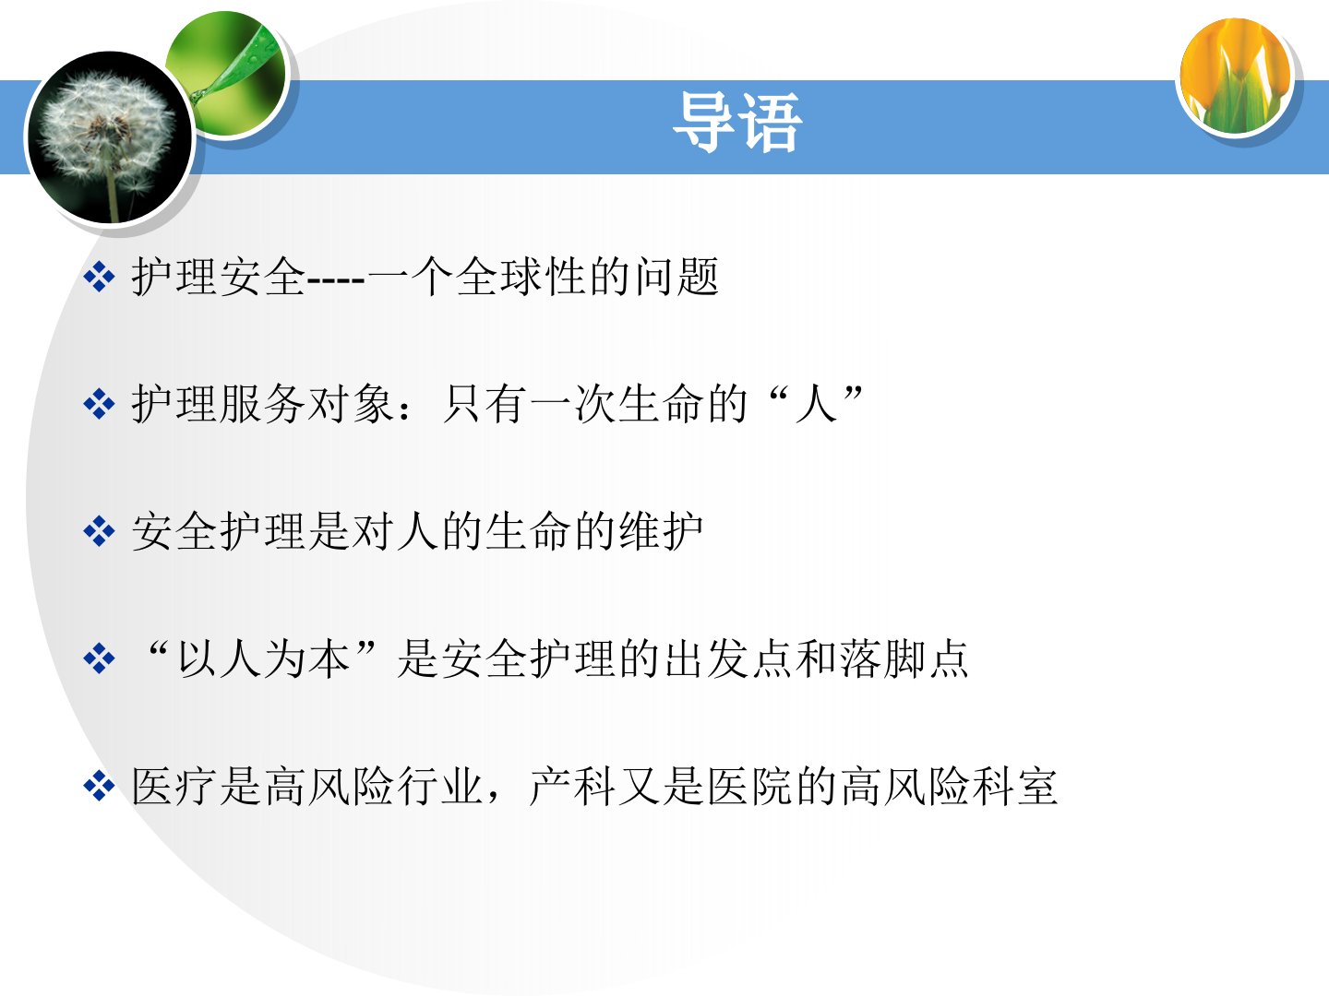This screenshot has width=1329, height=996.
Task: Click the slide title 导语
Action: (x=737, y=122)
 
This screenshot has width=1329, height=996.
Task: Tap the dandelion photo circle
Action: (x=110, y=136)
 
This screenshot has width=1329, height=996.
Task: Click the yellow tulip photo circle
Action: (x=1235, y=76)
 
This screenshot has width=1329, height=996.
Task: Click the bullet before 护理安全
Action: (x=99, y=278)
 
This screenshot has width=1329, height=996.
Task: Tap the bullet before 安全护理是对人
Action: (x=99, y=531)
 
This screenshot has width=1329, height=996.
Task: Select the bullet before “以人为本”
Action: (x=99, y=658)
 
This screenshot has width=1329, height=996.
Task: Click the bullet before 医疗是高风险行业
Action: (x=99, y=786)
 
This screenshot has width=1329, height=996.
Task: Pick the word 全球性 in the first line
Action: (x=520, y=277)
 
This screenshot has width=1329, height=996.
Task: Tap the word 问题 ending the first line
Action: (x=675, y=277)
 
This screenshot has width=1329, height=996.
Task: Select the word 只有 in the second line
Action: (x=484, y=404)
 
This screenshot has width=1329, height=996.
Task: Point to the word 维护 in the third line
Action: (x=660, y=531)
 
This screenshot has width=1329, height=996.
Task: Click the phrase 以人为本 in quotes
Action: (x=264, y=658)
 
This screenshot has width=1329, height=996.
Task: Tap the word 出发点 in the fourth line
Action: (x=728, y=658)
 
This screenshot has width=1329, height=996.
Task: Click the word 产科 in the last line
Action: (x=571, y=785)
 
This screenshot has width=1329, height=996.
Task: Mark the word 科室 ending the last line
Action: (x=1014, y=785)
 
